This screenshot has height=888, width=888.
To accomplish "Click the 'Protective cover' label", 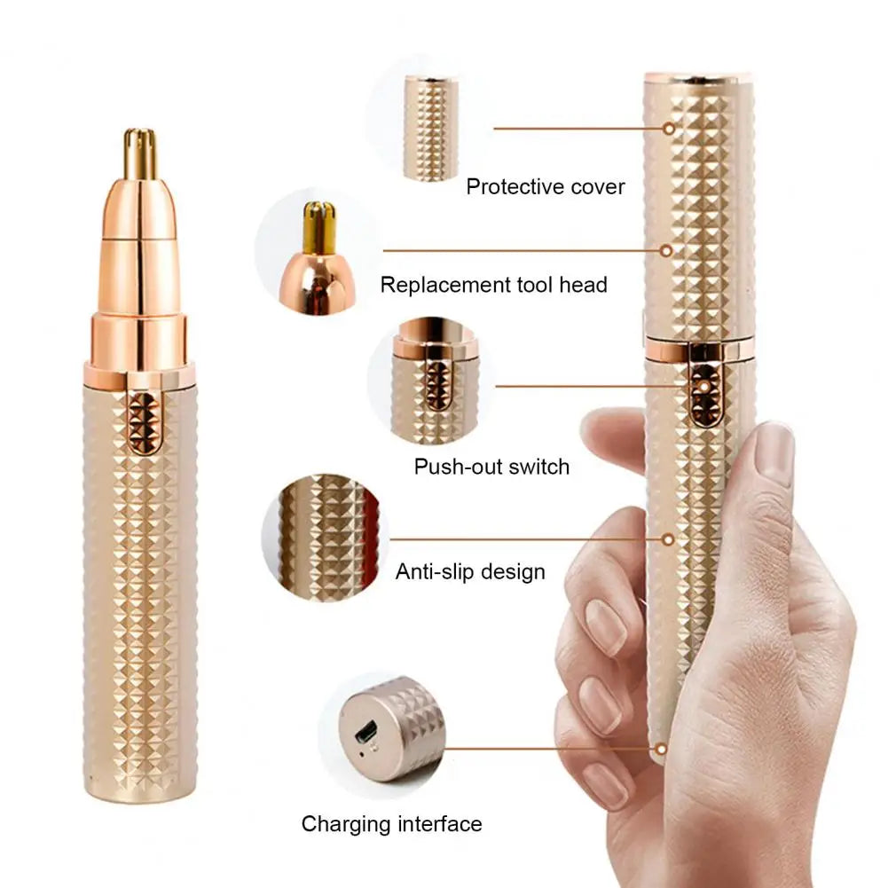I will tap(545, 187).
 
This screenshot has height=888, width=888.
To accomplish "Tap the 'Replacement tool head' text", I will tap(493, 285).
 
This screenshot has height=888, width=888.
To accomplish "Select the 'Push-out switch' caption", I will tap(491, 467).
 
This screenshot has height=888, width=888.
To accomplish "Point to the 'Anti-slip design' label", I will tap(470, 571).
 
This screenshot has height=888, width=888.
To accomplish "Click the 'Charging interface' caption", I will tap(391, 824).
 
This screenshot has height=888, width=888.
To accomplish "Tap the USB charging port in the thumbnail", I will tap(365, 735).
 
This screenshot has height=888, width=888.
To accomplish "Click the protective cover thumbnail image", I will tap(431, 129).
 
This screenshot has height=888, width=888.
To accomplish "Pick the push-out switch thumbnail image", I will tap(435, 381).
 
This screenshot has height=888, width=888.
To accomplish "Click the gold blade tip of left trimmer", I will tap(140, 153).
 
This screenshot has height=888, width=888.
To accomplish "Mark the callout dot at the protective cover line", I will tap(667, 129).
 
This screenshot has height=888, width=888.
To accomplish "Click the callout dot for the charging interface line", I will tap(659, 750).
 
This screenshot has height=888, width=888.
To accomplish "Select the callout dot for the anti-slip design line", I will tap(668, 538).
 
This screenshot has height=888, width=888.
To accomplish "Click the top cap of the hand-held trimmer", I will tap(699, 81).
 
